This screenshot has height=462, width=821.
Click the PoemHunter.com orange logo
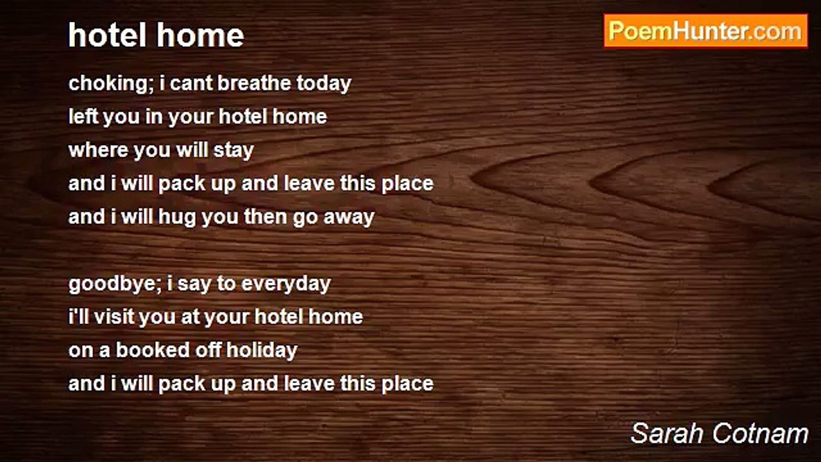pos(706,31)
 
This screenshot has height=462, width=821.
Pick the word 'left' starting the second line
pos(83,116)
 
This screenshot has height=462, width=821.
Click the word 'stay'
pos(234,151)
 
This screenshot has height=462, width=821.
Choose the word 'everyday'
pos(286,284)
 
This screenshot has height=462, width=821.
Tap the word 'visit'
pos(114,316)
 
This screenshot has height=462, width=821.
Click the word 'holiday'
pos(262,351)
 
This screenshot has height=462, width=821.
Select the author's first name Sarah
pos(667,434)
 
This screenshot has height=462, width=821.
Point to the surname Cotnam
pos(760,434)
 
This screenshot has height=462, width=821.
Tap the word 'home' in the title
pos(200,35)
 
